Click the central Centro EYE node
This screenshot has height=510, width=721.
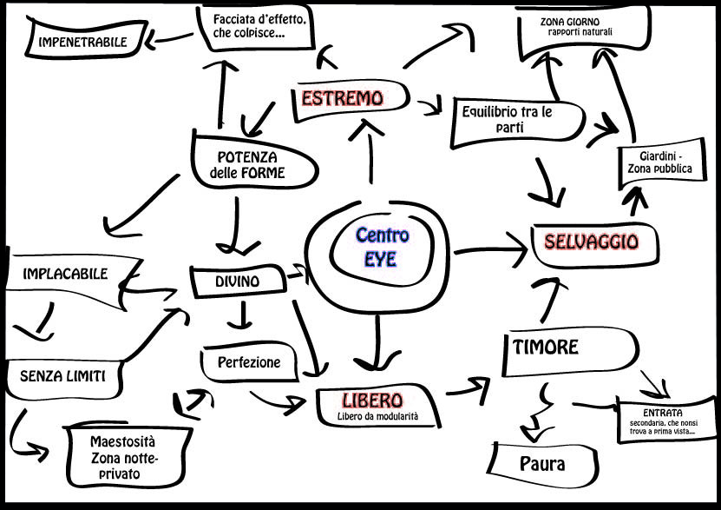[382, 247]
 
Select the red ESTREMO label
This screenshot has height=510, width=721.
[342, 98]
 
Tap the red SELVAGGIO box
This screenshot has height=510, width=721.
[591, 242]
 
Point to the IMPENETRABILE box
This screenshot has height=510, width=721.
[82, 41]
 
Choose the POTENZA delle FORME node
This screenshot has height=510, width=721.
[247, 165]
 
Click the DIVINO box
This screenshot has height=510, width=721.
[237, 281]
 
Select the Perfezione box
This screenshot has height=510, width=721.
[250, 362]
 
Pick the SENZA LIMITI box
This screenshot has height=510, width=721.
[62, 376]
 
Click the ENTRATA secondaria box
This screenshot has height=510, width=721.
[663, 421]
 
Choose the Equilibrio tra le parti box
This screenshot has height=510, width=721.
[508, 120]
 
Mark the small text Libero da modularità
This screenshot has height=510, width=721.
[377, 417]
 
